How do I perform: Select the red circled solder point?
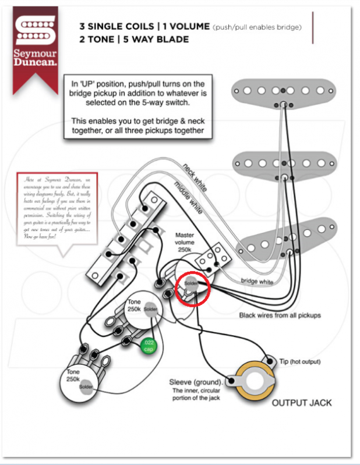(192, 286)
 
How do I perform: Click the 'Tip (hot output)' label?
(299, 361)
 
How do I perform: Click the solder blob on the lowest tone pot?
(86, 387)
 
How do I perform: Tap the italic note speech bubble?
(57, 212)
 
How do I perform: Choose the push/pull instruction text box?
(138, 105)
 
